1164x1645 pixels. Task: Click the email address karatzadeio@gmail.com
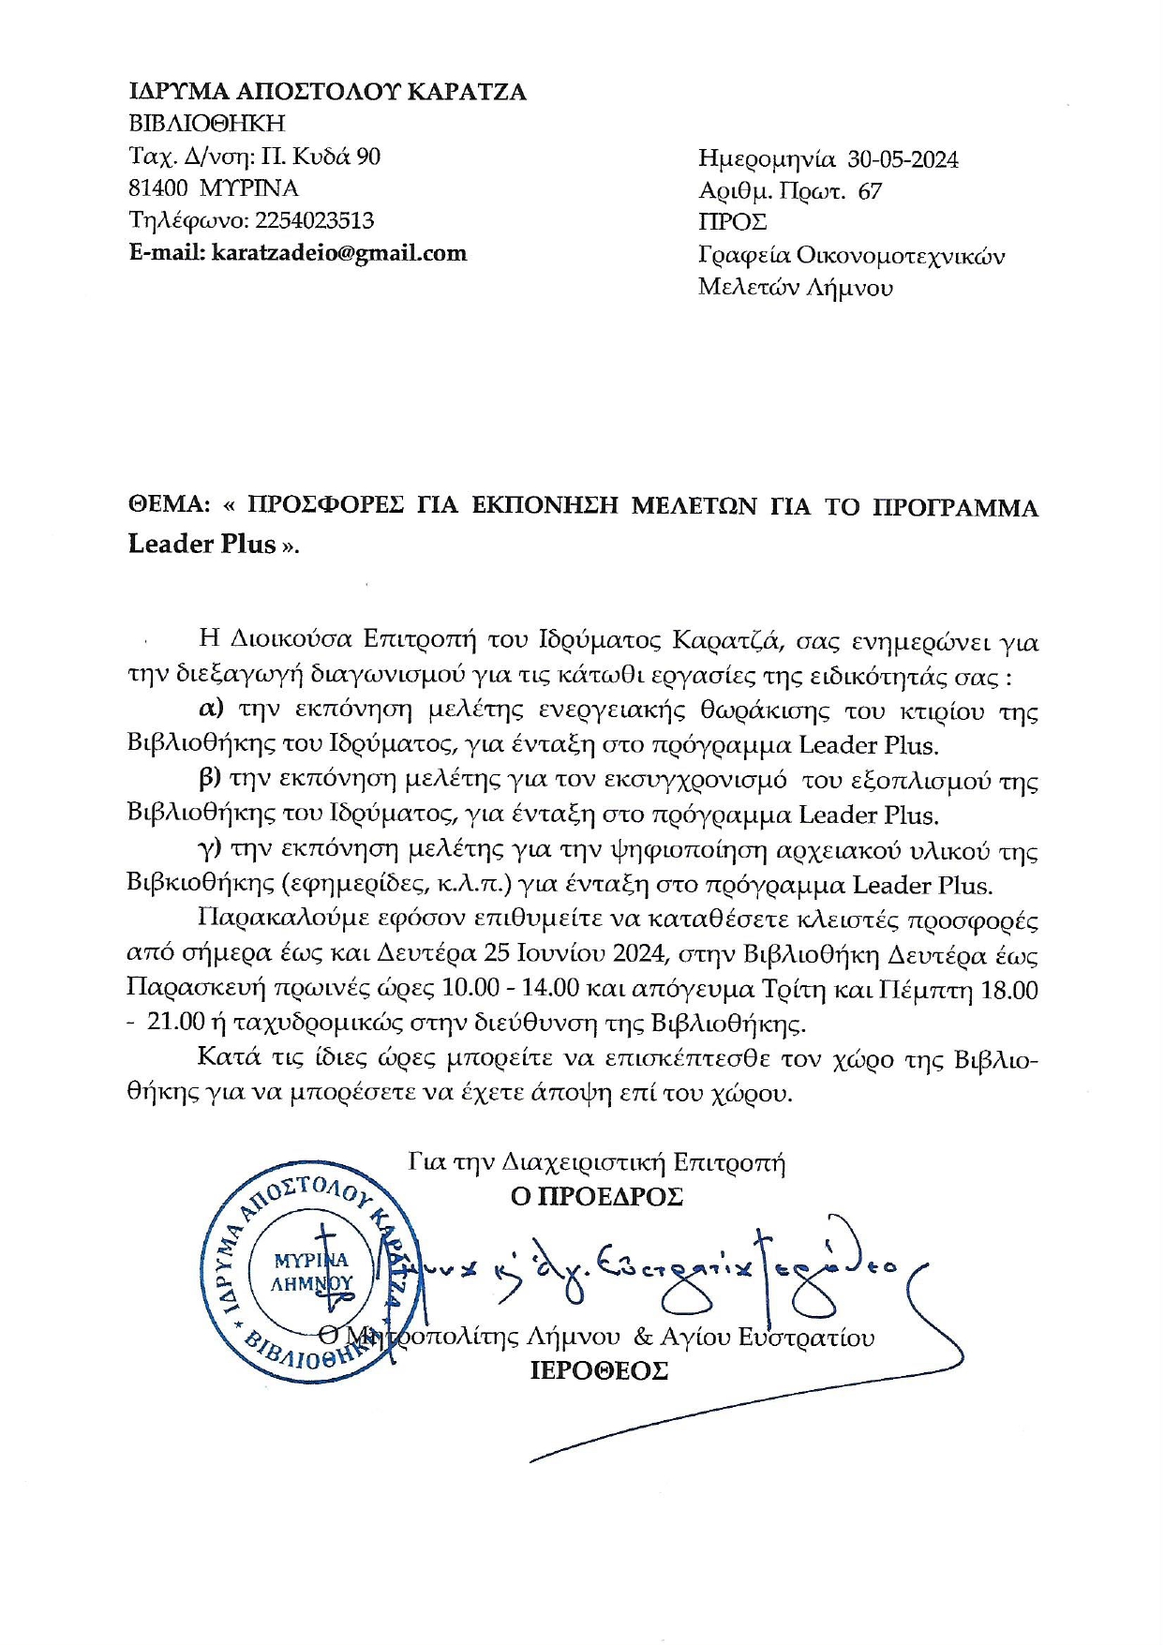[x=339, y=253]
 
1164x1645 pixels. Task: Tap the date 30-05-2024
[x=903, y=159]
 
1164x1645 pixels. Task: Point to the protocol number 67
[x=870, y=191]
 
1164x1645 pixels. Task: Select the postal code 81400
[x=157, y=187]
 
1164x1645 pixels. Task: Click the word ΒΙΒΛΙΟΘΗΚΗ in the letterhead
[x=206, y=124]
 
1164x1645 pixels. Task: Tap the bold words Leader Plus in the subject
[x=202, y=544]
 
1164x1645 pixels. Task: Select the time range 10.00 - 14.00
[x=530, y=990]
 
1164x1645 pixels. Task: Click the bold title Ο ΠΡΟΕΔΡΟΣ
[x=596, y=1197]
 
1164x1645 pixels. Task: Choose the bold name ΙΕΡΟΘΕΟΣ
[x=599, y=1371]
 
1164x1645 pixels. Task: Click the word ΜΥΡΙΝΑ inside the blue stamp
[x=310, y=1261]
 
